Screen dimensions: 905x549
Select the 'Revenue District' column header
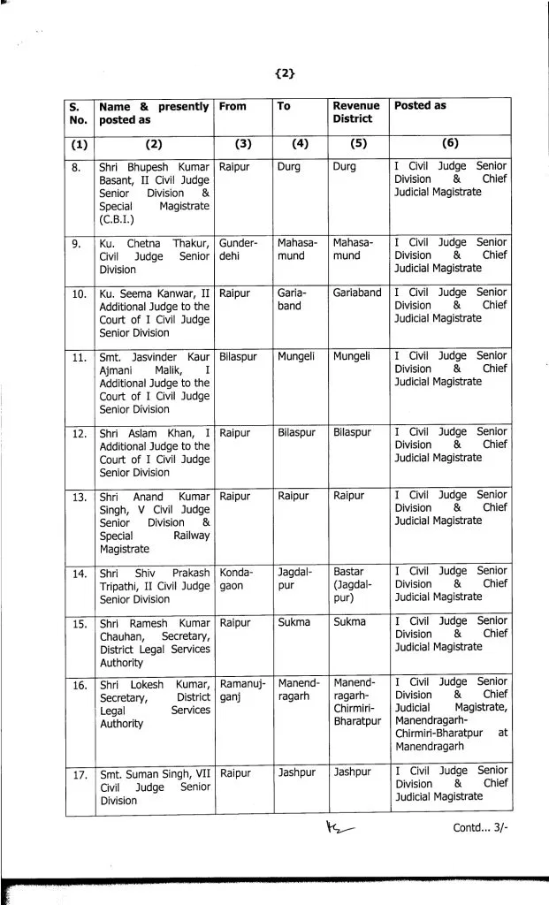tap(352, 112)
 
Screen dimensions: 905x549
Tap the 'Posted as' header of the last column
tap(420, 106)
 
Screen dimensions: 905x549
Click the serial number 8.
tap(78, 166)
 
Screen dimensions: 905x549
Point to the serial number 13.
tap(80, 497)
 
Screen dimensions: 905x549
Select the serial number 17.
tap(80, 775)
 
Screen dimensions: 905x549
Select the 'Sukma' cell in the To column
tap(294, 622)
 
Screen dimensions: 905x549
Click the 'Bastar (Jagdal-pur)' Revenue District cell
tap(350, 583)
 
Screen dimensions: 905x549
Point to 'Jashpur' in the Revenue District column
tap(353, 772)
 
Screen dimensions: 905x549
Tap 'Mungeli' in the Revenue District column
tap(352, 356)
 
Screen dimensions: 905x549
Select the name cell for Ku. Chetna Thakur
tap(154, 255)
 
